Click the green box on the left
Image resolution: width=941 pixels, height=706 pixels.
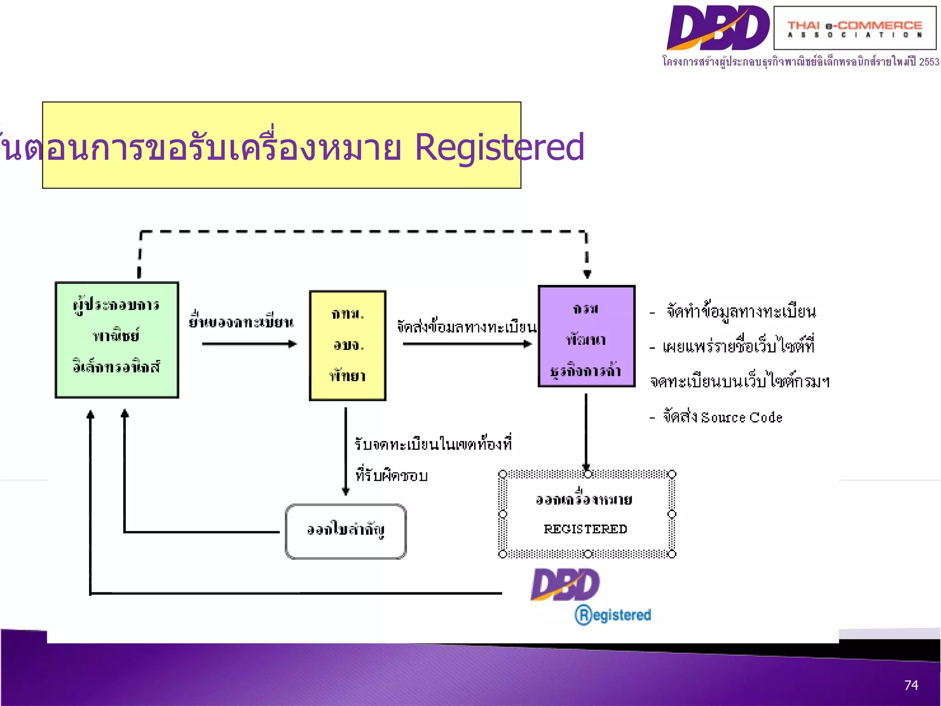tap(117, 340)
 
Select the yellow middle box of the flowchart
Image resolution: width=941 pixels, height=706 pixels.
tap(347, 345)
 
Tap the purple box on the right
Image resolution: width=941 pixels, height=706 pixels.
tap(586, 336)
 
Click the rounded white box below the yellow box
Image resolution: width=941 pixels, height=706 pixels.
tap(346, 531)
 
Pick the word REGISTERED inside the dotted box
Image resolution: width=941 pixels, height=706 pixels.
tap(585, 529)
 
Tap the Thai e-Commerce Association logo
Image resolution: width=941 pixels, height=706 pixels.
tap(855, 28)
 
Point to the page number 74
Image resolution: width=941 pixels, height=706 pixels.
tap(911, 685)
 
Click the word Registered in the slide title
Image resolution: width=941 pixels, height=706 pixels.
tap(499, 148)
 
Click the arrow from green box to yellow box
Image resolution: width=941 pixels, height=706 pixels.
tap(249, 344)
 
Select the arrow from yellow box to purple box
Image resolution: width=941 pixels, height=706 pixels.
tap(467, 344)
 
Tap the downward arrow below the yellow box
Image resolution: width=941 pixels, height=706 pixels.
tap(346, 450)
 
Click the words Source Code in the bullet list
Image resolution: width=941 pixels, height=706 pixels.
tap(742, 417)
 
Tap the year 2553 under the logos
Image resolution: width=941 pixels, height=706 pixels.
tap(929, 62)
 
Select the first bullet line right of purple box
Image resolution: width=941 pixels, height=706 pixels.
tap(741, 312)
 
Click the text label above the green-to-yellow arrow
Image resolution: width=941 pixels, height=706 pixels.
tap(241, 321)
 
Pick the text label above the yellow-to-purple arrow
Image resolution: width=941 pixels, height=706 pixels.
tap(466, 327)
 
